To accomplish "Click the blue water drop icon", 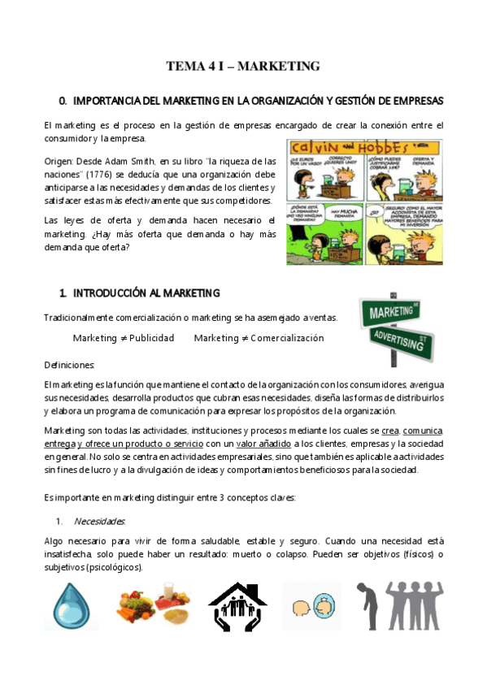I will pos(72,608).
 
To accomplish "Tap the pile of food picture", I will pos(159,605).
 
